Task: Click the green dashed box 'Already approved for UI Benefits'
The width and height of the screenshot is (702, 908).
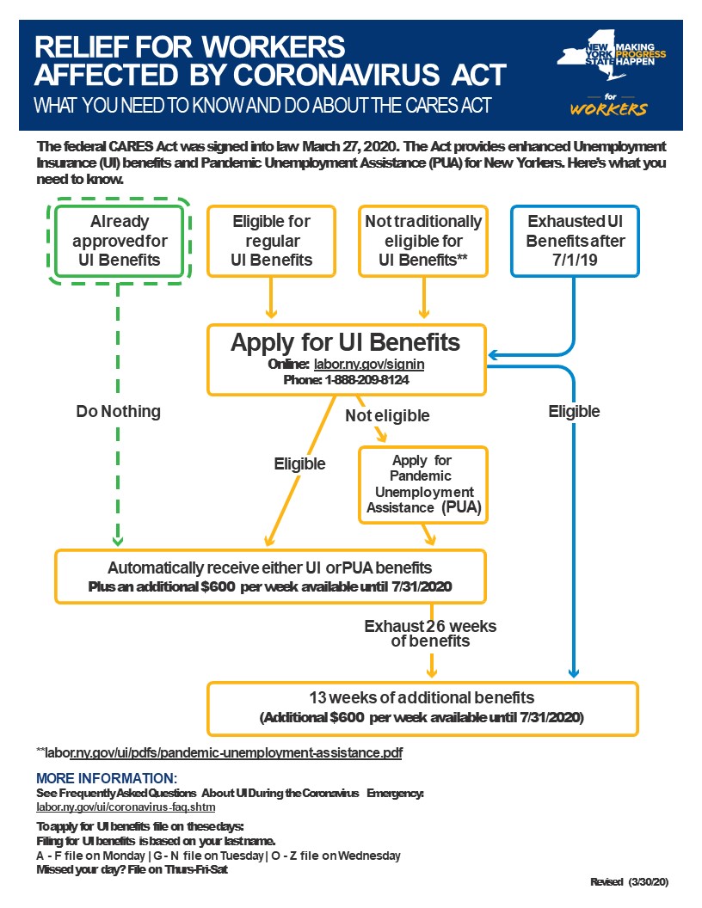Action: [120, 236]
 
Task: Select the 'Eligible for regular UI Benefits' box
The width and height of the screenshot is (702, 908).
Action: [271, 241]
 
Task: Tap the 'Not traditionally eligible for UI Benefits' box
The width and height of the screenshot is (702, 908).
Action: [423, 241]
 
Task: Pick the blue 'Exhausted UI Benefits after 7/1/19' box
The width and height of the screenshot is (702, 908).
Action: [575, 241]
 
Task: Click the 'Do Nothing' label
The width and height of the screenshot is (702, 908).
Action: [119, 412]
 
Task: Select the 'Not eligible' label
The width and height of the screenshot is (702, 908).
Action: [387, 416]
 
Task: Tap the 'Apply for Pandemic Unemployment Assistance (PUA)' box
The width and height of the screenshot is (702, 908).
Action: [422, 485]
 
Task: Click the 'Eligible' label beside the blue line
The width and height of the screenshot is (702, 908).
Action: [574, 412]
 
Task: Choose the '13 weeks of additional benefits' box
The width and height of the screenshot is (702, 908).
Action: [422, 707]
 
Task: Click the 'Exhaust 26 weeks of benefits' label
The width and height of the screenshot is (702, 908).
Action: [430, 633]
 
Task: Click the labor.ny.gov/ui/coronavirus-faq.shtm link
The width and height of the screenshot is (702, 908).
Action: [126, 808]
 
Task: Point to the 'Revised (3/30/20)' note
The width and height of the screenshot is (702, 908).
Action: [629, 882]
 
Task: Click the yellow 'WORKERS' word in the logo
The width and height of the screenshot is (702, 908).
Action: [608, 110]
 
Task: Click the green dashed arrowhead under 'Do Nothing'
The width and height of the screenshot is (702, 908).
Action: [119, 542]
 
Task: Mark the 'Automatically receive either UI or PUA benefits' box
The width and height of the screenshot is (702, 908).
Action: [270, 576]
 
